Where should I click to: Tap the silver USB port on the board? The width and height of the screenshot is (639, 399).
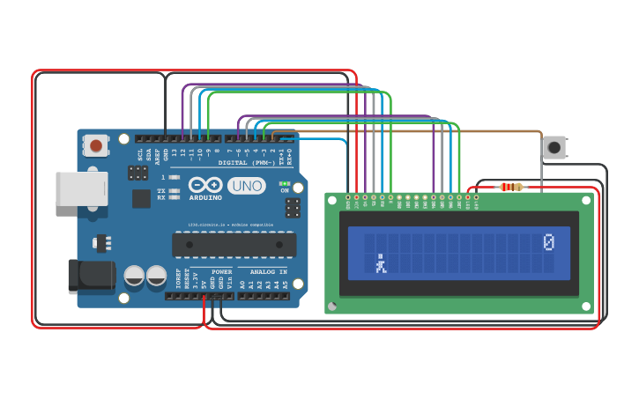tap(81, 188)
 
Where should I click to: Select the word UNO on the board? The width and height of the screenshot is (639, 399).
tap(246, 186)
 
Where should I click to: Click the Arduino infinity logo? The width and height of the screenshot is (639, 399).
tap(204, 185)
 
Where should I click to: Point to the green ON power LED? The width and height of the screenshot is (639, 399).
tap(284, 184)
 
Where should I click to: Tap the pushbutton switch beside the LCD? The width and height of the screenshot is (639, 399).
tap(554, 147)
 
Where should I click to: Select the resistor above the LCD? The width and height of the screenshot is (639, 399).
tap(510, 187)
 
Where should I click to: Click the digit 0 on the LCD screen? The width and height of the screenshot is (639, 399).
tap(549, 241)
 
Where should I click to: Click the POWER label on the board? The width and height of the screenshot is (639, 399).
tap(222, 272)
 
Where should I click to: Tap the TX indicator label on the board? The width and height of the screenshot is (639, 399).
tap(161, 190)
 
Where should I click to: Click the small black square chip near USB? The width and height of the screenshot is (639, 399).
tap(141, 199)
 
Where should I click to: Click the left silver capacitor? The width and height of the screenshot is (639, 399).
tap(134, 276)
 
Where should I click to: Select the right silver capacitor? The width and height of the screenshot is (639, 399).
tap(156, 276)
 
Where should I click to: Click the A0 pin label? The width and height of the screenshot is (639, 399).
tap(242, 284)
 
